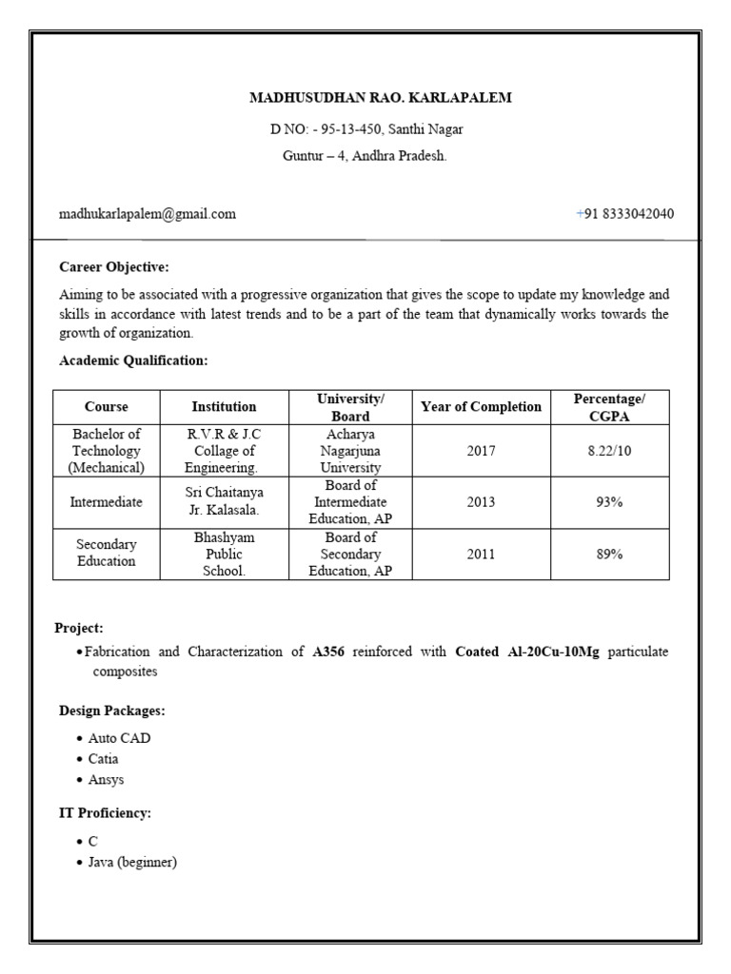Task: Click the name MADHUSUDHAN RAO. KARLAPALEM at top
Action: pos(366,98)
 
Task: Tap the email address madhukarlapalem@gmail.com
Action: pos(148,214)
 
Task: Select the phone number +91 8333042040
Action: pos(624,214)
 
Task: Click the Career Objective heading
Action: pos(114,267)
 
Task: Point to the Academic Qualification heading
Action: pos(133,360)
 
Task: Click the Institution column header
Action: pos(224,407)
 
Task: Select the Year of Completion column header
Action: pos(481,407)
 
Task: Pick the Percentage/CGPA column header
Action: pos(609,407)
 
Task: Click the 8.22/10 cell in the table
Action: pos(609,451)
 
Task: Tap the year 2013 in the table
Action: pos(481,502)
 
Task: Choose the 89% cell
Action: pos(609,554)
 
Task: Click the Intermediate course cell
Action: pos(107,502)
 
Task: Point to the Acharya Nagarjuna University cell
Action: pos(350,451)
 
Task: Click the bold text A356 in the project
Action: pos(328,652)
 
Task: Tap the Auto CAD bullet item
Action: pos(119,738)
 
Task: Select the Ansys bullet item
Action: pos(106,780)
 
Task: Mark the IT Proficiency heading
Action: pos(106,813)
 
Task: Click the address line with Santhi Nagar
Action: pos(366,129)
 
